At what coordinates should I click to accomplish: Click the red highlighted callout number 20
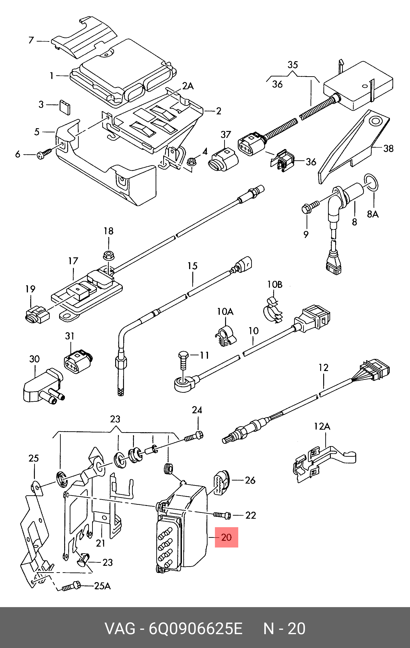(226, 537)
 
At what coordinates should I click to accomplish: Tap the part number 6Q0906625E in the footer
(196, 629)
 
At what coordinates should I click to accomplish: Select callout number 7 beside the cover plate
(31, 40)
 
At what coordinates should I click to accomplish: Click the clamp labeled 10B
(273, 310)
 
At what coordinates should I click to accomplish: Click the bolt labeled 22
(222, 515)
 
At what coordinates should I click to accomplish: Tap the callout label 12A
(322, 426)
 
